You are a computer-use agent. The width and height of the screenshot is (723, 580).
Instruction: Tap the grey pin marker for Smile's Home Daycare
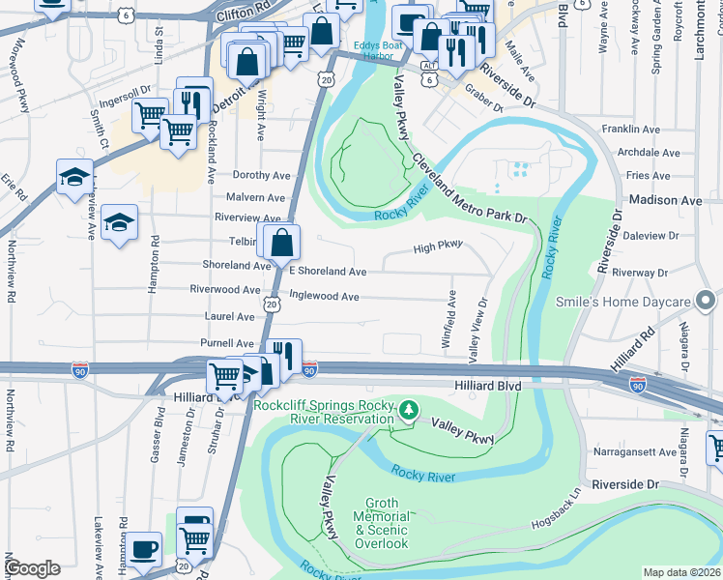click(707, 302)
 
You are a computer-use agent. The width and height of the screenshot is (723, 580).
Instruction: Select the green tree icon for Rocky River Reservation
click(410, 411)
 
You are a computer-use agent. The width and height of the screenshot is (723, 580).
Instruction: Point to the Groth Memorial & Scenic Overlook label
click(387, 523)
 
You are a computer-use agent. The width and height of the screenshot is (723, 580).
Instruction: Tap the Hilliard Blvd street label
click(488, 386)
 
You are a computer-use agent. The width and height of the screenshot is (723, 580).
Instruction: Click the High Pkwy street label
click(438, 246)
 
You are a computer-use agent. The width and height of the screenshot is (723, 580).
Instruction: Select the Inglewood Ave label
click(324, 297)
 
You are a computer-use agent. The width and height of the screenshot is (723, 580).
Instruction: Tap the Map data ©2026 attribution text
click(681, 572)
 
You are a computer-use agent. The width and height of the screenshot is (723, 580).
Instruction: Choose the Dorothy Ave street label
click(262, 175)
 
